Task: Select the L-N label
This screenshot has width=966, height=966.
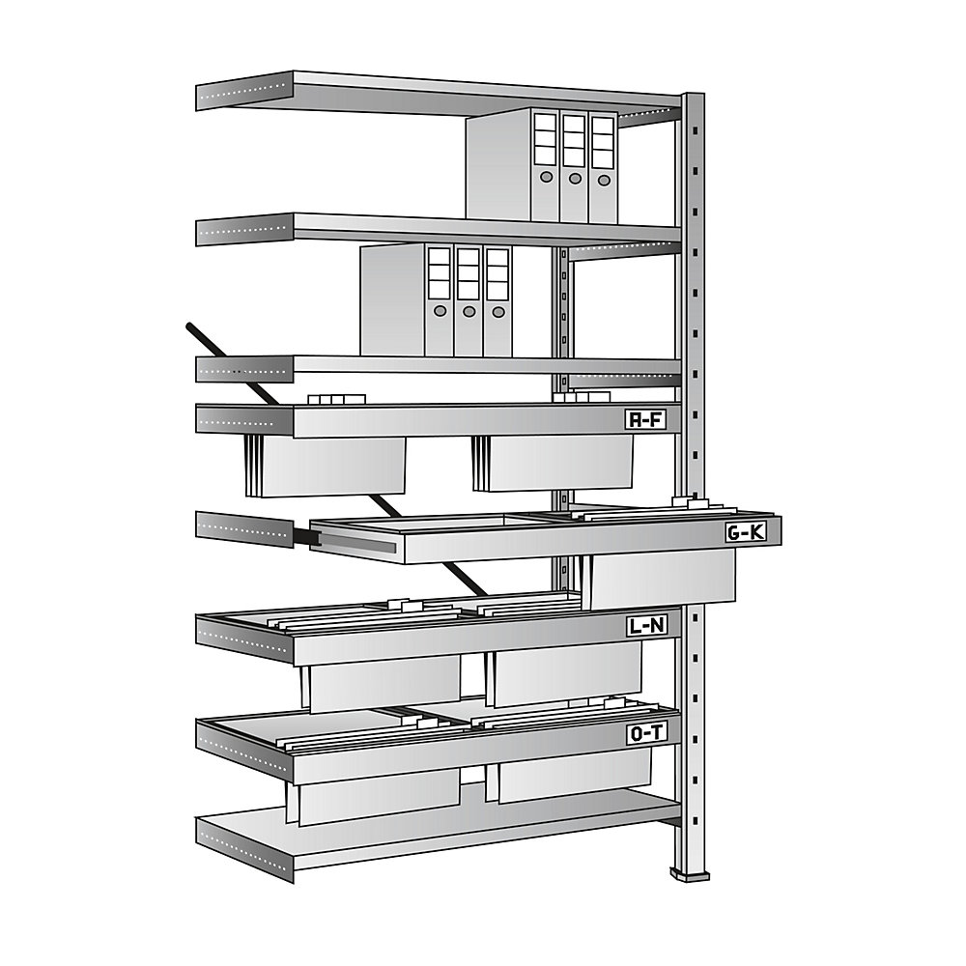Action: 645,627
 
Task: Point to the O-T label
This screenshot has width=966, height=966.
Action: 646,734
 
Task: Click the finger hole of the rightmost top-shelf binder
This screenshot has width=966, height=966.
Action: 604,179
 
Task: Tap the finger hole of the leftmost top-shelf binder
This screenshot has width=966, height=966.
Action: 547,178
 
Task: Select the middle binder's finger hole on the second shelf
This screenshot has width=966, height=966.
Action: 469,312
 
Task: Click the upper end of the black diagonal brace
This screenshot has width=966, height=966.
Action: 188,328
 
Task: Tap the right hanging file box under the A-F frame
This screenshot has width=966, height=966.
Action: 557,463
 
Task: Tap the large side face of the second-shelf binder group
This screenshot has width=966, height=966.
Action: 392,298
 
